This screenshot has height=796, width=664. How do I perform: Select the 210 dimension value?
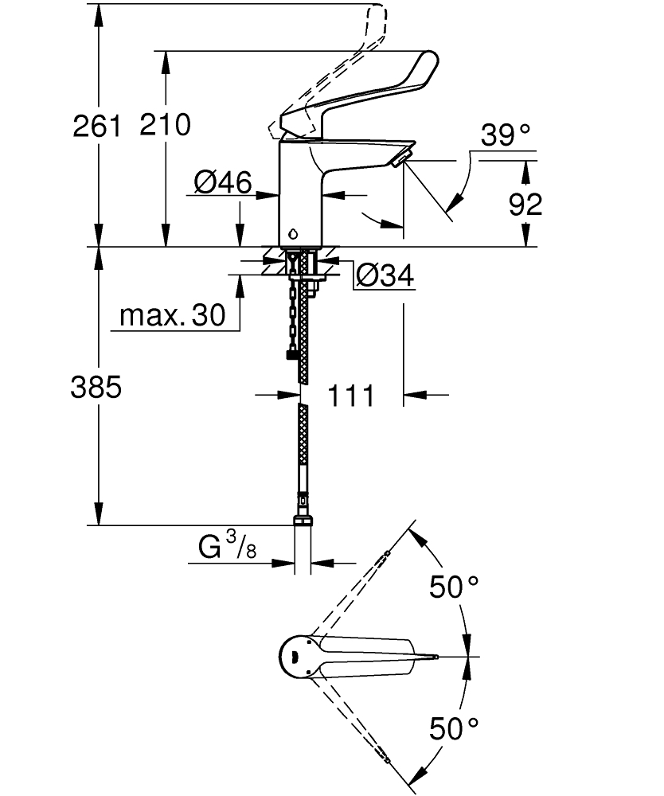165,126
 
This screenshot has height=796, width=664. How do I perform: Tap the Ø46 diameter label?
222,184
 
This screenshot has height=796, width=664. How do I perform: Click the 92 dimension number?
525,205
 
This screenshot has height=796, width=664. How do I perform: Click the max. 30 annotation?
172,316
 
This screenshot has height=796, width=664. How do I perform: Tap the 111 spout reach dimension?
351,394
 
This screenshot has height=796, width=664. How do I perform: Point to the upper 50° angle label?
454,587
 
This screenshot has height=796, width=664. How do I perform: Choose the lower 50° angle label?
454,726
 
